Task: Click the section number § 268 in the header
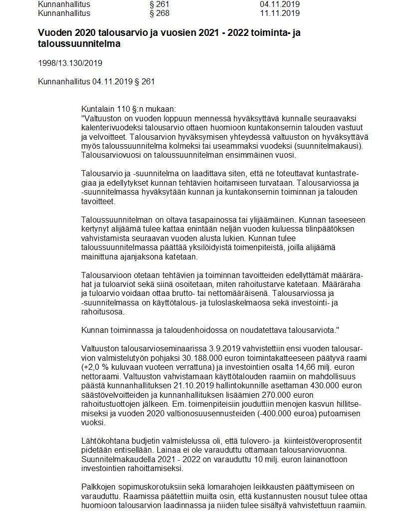point(160,13)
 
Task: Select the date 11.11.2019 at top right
point(280,13)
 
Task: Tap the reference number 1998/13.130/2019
point(70,63)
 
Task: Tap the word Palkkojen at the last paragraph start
point(98,487)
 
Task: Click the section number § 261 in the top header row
point(160,4)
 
